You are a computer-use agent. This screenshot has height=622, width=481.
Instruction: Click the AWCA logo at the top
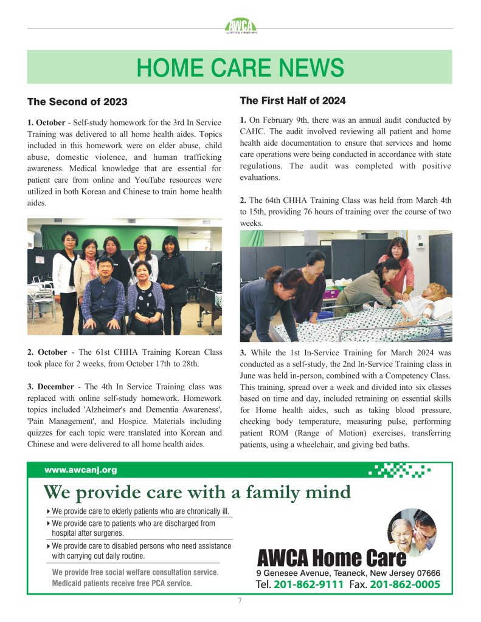(x=240, y=26)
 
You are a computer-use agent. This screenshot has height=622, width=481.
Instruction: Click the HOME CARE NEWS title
(x=240, y=67)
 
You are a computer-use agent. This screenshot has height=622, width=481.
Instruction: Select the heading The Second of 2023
(x=77, y=101)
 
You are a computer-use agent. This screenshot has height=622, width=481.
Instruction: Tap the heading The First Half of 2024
(x=292, y=100)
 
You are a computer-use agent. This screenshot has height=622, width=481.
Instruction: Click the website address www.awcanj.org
(x=80, y=470)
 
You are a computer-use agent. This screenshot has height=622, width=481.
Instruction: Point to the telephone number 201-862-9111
(x=308, y=585)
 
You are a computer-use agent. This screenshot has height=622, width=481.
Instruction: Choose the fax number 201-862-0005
(x=404, y=585)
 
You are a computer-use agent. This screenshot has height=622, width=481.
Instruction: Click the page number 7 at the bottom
(x=240, y=601)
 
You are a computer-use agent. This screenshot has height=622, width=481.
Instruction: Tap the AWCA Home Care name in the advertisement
(x=331, y=557)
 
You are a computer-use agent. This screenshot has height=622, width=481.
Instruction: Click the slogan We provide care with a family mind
(x=197, y=491)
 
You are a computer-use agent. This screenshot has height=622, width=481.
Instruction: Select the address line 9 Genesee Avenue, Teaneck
(x=348, y=573)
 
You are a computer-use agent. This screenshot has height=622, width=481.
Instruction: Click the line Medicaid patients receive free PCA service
(x=122, y=583)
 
